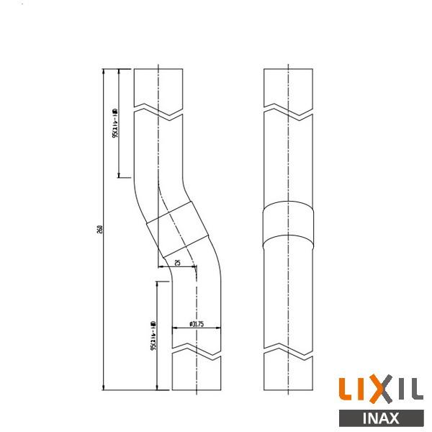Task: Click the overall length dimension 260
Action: [x=99, y=229]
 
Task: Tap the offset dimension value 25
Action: [x=177, y=263]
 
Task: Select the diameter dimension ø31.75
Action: [x=197, y=324]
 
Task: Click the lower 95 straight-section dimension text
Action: [x=153, y=336]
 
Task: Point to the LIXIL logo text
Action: [x=380, y=391]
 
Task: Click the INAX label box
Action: [x=380, y=418]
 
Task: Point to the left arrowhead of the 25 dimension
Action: [x=176, y=267]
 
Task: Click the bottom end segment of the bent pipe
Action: [x=195, y=376]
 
